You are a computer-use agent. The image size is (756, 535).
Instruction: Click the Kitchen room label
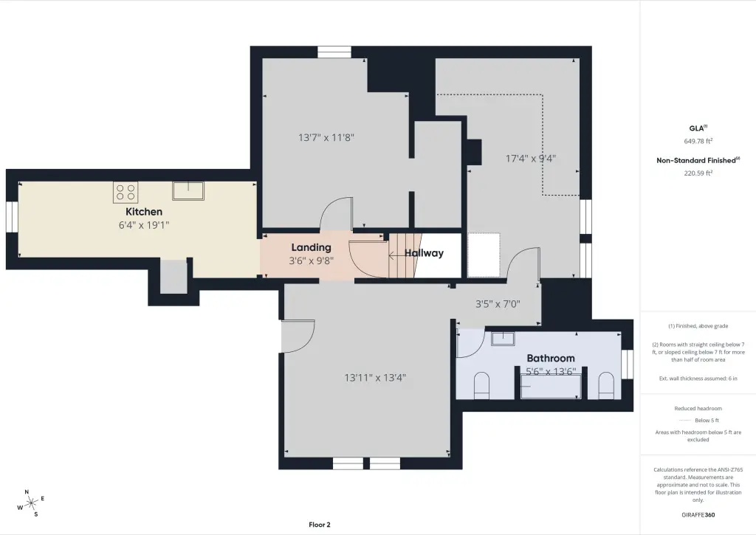[x=144, y=212]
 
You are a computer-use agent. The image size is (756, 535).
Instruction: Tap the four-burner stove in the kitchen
[x=126, y=193]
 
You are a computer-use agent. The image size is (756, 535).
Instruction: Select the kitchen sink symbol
[x=188, y=190]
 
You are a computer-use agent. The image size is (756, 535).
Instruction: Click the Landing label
[x=311, y=248]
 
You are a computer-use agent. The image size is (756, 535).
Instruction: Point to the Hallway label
[x=424, y=253]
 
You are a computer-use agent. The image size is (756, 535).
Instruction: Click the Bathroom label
[x=551, y=358]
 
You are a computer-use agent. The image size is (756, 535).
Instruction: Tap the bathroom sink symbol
[x=503, y=339]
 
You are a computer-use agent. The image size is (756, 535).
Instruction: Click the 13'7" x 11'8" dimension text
[x=326, y=137]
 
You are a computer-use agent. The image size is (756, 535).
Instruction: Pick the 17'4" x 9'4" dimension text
[x=530, y=158]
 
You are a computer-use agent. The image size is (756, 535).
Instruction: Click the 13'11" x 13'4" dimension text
[x=375, y=378]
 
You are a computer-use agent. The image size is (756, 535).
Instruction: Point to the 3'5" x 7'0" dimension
[x=498, y=304]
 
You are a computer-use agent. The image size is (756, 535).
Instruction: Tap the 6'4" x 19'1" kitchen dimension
[x=144, y=225]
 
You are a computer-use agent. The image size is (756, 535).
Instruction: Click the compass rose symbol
[x=31, y=504]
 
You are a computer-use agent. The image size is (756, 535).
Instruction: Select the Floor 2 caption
[x=320, y=525]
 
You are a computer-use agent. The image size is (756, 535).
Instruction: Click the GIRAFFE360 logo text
[x=698, y=515]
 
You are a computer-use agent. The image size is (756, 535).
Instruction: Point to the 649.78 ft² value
[x=698, y=141]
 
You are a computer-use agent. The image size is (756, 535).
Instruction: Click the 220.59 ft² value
[x=698, y=173]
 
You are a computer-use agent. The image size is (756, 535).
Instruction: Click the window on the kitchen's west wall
[x=12, y=216]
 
